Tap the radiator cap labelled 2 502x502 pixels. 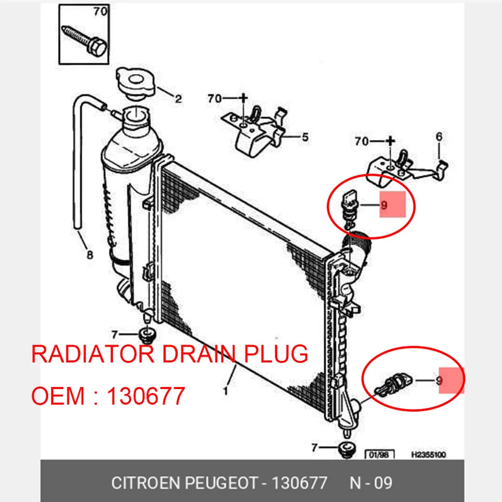(x=135, y=83)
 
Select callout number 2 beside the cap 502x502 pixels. (x=178, y=99)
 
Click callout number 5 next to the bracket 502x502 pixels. (x=305, y=138)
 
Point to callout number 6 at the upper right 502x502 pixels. (x=439, y=136)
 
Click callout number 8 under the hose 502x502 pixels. (x=90, y=255)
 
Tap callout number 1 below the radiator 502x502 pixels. (x=226, y=391)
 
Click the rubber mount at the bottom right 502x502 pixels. (x=347, y=449)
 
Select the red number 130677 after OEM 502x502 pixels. (x=146, y=396)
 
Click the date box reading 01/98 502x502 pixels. (x=380, y=454)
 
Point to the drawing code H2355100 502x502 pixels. (x=428, y=454)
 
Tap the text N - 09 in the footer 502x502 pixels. (x=371, y=483)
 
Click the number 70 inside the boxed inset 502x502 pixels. (x=100, y=12)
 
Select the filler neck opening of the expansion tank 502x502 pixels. (x=136, y=115)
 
